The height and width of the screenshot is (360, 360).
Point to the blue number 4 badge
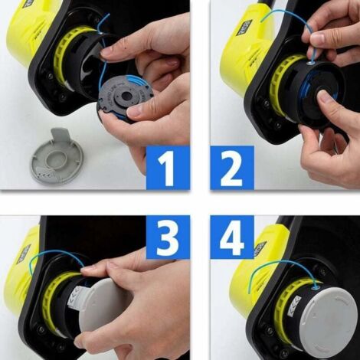(x=231, y=240)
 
